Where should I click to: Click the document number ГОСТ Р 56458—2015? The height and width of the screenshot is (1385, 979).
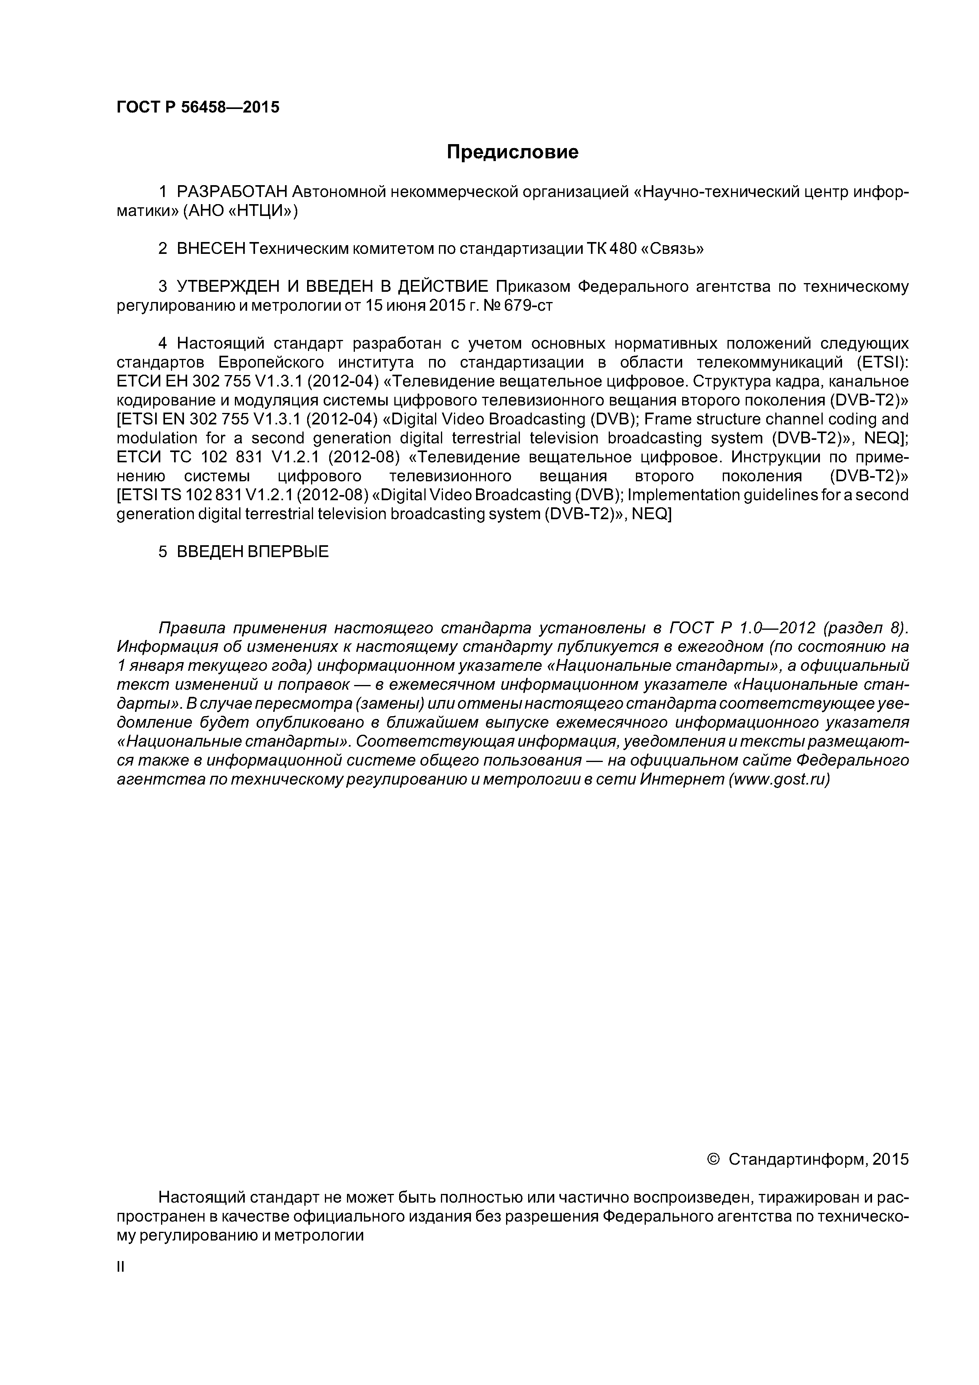[198, 107]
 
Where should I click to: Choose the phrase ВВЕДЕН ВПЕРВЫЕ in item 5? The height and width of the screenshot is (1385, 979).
[253, 551]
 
